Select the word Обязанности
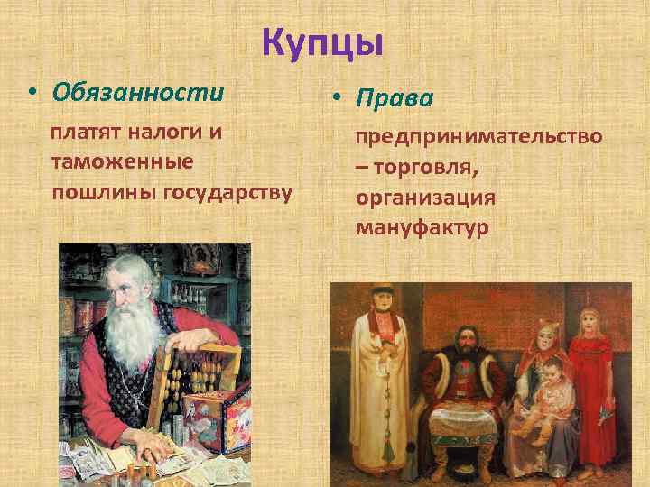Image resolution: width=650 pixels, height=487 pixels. tap(137, 92)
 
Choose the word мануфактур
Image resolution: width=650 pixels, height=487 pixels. tap(422, 228)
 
